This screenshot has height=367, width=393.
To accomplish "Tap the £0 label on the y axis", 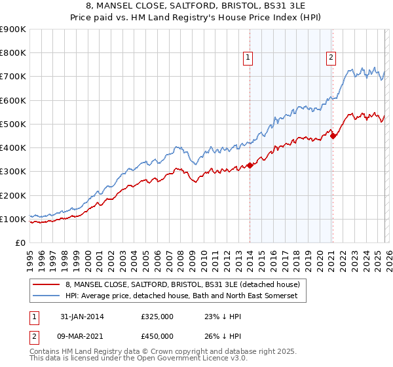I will coord(21,243).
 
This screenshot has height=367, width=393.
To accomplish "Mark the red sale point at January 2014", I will coord(250,165).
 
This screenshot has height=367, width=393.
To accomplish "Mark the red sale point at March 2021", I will coord(333,136).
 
